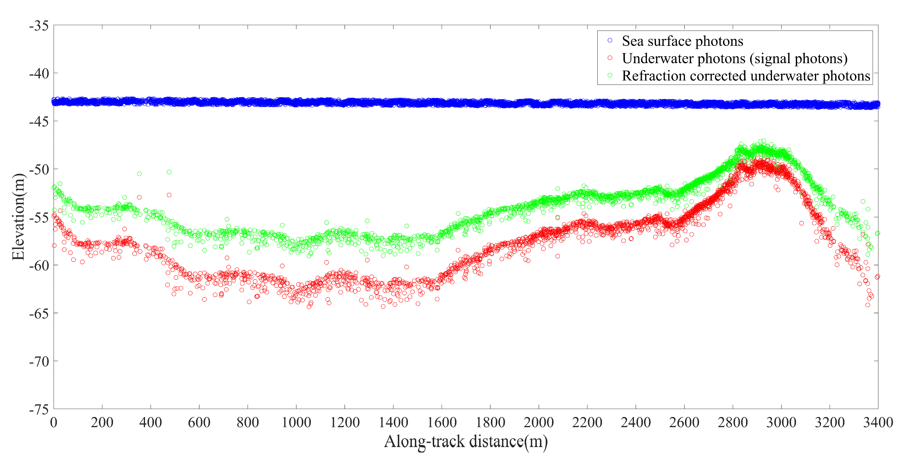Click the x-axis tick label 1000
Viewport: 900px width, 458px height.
point(296,422)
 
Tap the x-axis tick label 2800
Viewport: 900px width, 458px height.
point(733,422)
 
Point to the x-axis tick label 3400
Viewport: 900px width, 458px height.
point(878,422)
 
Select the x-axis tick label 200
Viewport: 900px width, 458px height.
point(102,422)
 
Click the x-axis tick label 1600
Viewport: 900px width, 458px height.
point(442,422)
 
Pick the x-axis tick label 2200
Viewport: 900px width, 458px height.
point(587,422)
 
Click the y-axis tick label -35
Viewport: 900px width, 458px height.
point(39,26)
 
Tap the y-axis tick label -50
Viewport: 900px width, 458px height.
point(39,170)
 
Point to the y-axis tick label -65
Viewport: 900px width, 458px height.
point(39,314)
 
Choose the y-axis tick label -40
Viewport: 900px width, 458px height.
point(39,74)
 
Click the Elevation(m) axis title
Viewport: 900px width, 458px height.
point(18,217)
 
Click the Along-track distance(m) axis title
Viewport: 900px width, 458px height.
point(466,442)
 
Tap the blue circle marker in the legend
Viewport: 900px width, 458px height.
point(610,41)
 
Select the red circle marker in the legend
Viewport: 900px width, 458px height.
point(610,58)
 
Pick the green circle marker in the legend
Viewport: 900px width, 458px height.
point(610,75)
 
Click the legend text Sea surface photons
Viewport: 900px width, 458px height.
point(682,41)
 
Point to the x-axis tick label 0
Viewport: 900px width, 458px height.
point(53,422)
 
